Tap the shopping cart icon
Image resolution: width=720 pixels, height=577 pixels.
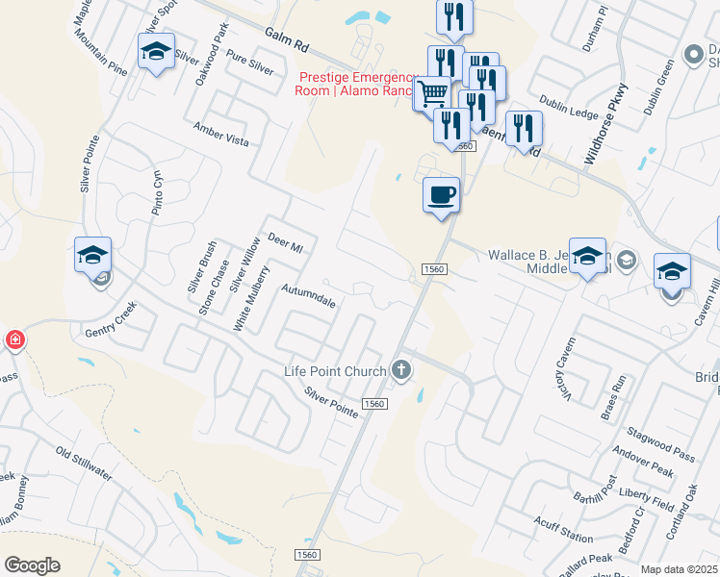coord(432,94)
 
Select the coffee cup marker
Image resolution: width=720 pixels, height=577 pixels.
coord(441,194)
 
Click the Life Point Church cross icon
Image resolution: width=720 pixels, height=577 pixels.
coord(401,370)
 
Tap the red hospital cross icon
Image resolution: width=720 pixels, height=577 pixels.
coord(14,339)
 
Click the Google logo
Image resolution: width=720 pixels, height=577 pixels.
coord(32,565)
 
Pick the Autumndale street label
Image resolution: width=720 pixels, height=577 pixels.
coord(308,295)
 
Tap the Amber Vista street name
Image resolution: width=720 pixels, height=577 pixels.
coord(220,135)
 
